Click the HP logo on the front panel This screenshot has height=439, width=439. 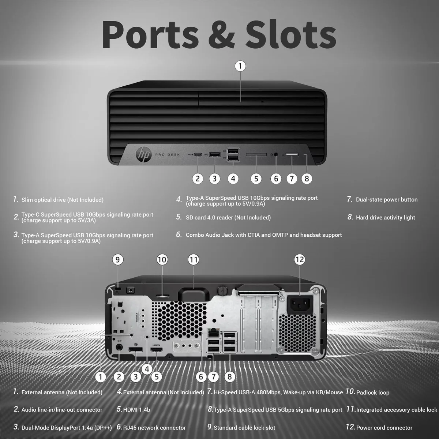pos(143,155)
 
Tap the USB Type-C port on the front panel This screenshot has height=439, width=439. pos(198,155)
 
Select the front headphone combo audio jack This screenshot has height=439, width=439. pos(276,154)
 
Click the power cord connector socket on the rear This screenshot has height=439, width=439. pos(300,305)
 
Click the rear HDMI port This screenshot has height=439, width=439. pos(157,349)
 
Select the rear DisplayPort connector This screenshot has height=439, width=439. pos(136,349)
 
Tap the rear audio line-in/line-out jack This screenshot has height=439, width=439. pos(119,348)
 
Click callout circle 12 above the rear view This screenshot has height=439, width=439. pos(300,259)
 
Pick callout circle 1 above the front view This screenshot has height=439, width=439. pos(240,66)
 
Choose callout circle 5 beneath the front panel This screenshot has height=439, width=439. pos(256,179)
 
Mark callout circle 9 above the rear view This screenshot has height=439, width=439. pos(117,259)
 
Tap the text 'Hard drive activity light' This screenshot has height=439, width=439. pos(386,217)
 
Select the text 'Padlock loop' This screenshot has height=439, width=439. pos(373,393)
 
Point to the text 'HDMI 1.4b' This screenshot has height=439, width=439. pos(137,410)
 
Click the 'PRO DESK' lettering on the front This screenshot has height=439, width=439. pos(168,155)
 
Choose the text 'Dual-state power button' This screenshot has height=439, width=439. pos(387,200)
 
